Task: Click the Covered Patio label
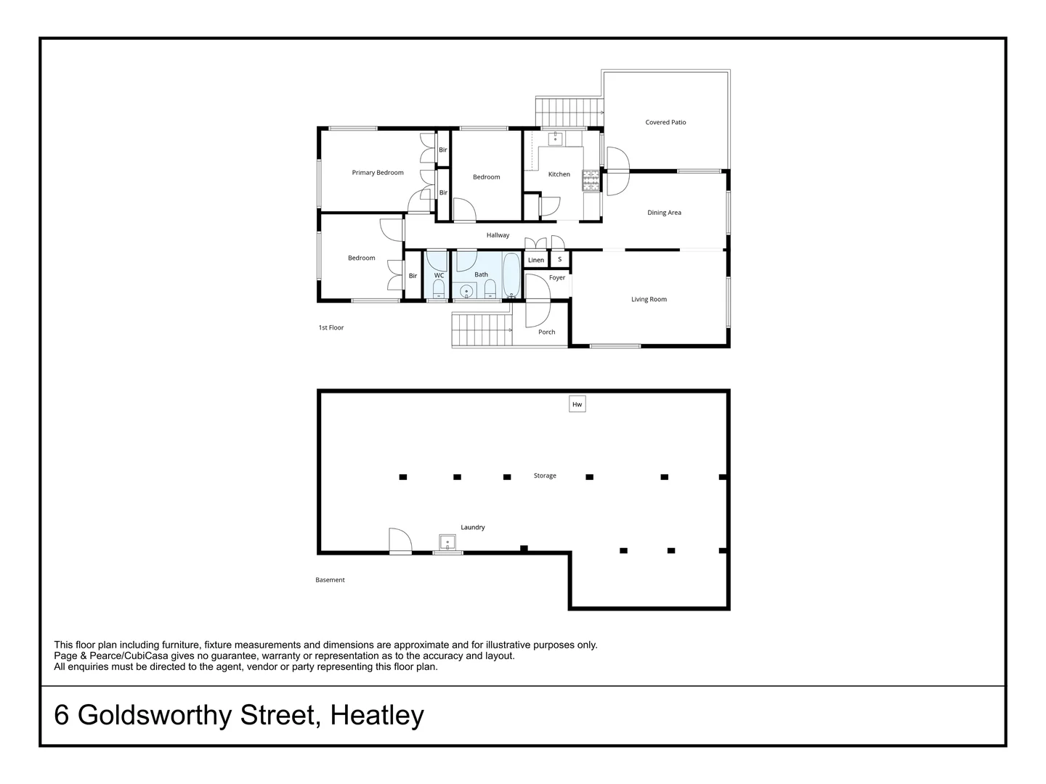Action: coord(665,123)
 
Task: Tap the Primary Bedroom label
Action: coord(378,172)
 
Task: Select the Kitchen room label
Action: coord(559,174)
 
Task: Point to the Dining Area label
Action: coord(664,213)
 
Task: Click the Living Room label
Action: coord(649,299)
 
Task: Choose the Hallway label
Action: coord(498,235)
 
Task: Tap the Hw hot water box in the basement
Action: coord(577,404)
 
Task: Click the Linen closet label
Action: coord(535,260)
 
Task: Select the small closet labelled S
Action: coord(559,259)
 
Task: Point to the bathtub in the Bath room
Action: coord(511,275)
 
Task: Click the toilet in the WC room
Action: coord(439,290)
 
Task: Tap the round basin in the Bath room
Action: coord(466,291)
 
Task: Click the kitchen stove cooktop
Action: coord(591,181)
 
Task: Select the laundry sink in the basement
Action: coord(447,542)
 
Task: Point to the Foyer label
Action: coord(556,277)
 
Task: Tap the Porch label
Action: coord(546,332)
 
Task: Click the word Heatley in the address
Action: coord(377,715)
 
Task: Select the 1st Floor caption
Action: coord(331,327)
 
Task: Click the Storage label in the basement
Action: coord(545,475)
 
